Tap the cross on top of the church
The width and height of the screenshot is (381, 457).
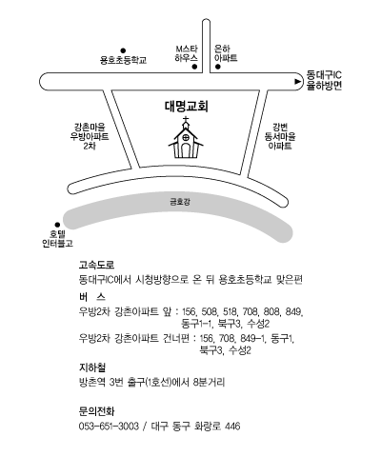point(186,120)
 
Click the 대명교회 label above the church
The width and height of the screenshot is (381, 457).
point(187,107)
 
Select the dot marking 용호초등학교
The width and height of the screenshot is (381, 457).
point(123,50)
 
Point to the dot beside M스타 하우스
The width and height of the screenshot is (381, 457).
point(194,67)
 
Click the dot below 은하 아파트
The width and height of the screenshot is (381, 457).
point(218,67)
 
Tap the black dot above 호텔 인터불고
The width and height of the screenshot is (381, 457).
point(57,225)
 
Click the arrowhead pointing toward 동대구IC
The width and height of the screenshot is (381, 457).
point(298,82)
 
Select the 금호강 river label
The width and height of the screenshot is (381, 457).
point(180,202)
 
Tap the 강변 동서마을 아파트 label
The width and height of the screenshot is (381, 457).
point(280,136)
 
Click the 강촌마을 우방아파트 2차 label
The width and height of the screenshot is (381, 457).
point(90,136)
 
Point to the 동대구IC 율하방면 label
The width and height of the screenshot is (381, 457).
point(324,81)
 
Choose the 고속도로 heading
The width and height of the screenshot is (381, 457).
point(96,265)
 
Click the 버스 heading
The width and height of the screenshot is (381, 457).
point(92,297)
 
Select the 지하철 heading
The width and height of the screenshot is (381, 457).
point(92,368)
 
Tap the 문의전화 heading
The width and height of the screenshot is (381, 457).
point(96,411)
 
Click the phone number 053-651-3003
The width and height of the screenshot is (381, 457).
point(109,426)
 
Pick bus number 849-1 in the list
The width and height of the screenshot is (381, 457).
point(252,339)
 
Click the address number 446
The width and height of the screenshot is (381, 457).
point(232,426)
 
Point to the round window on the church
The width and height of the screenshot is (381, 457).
point(186,138)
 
